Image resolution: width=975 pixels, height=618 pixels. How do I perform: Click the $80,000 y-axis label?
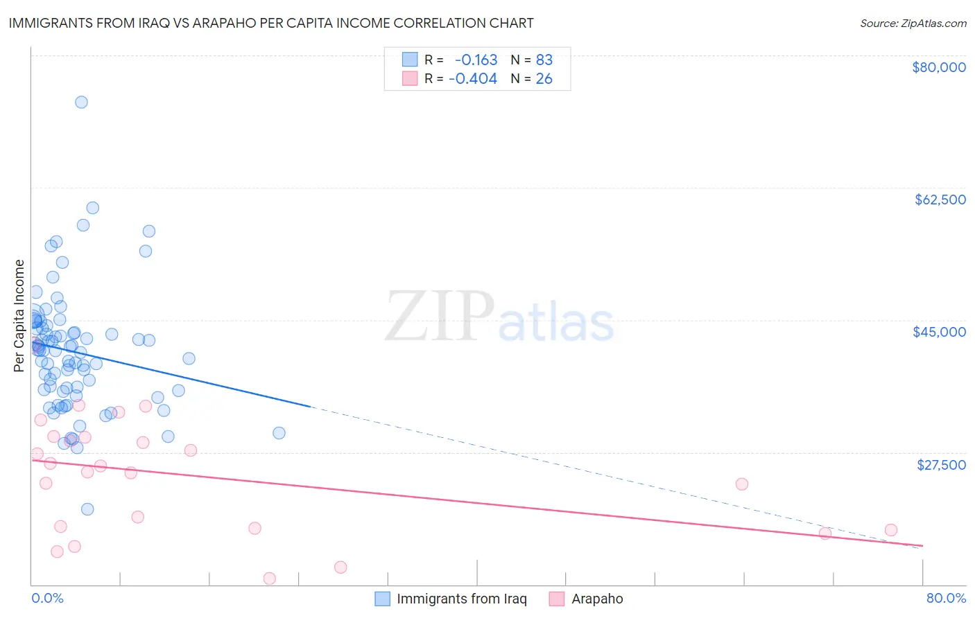coord(939,67)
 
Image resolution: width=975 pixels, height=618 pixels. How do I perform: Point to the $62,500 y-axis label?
coord(940,200)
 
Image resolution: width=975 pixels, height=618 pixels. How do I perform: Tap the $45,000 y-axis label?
coord(939,332)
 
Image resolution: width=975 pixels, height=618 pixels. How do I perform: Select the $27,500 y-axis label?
coord(941,464)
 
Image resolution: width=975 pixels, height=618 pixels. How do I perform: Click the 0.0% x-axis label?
coord(47,598)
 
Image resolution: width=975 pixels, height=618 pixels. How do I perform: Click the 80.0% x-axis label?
coord(946,598)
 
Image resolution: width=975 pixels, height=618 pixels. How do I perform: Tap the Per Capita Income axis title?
coord(19,315)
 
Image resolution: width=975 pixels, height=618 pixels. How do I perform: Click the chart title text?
coord(271,23)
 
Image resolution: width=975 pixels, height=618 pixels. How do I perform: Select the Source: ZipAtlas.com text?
coord(913,23)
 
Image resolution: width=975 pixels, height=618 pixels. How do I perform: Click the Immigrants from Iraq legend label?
coord(461,599)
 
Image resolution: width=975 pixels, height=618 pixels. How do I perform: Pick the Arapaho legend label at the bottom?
coord(597,599)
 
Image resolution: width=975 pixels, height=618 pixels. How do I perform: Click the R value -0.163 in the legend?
coord(476,60)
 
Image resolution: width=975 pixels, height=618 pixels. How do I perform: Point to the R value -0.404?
coord(473,79)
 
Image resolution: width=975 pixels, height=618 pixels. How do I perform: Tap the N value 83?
coord(544,60)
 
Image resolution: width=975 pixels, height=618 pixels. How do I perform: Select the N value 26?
coord(544,79)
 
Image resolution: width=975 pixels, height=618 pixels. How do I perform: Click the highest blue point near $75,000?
coord(81,102)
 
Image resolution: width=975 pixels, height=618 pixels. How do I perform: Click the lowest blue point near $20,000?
coord(87,509)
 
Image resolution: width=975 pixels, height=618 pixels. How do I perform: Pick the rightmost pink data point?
coord(891,530)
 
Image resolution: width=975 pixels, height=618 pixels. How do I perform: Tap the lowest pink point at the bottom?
coord(270,579)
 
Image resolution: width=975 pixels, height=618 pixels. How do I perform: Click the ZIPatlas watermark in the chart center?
coord(499,318)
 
